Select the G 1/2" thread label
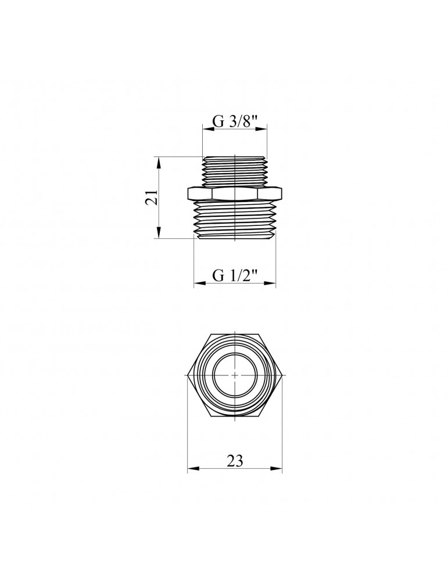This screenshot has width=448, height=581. point(234,276)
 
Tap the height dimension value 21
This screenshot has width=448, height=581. point(152,198)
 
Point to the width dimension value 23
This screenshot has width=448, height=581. point(234,461)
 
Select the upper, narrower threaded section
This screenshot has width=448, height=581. point(235,171)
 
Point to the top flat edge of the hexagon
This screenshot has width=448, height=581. point(235,335)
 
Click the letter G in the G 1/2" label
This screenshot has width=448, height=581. point(218,276)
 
